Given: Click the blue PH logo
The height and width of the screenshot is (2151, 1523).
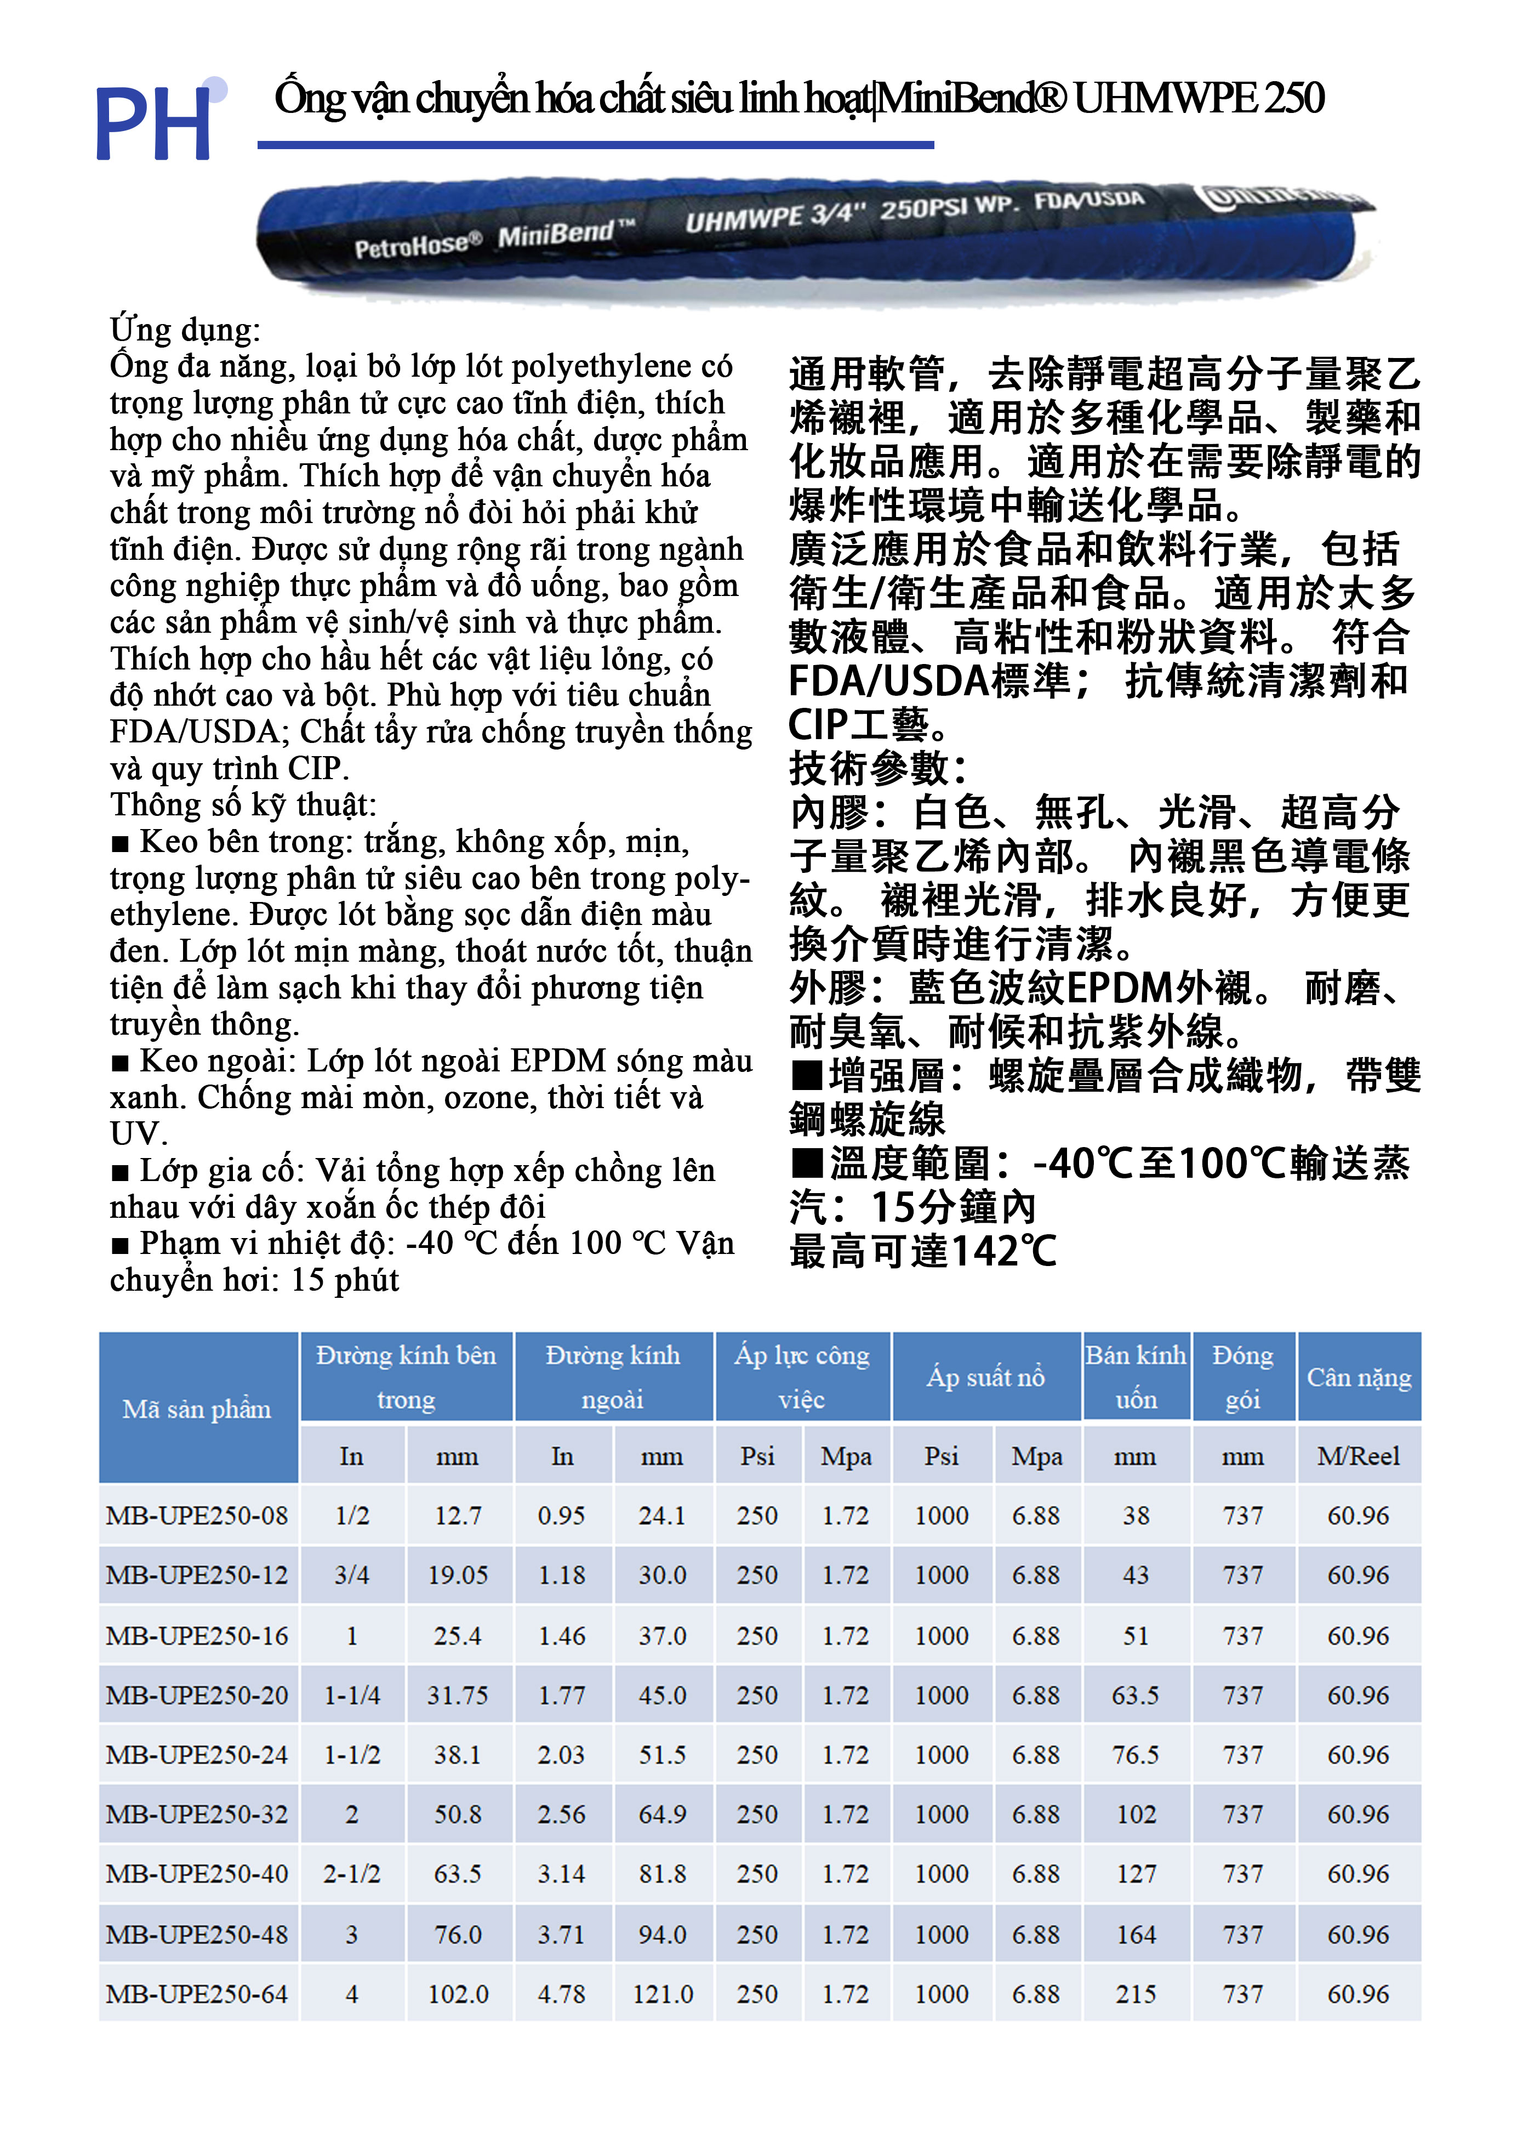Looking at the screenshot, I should pos(155,122).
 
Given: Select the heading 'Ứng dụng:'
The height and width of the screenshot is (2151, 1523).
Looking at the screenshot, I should pos(185,330).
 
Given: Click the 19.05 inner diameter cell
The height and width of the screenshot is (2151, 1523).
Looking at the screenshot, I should pos(458,1575).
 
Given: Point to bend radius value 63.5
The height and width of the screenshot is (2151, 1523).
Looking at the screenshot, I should pos(1135,1695).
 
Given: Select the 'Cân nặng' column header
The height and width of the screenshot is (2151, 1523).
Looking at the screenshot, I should pos(1358,1377).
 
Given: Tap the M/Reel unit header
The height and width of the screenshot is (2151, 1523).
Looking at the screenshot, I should pos(1358,1456).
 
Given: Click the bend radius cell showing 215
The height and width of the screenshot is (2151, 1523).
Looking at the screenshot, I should pos(1135,1994).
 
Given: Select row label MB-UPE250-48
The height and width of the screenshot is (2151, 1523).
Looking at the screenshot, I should pos(197,1934).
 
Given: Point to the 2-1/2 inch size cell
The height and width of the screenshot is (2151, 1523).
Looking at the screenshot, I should pos(352,1874).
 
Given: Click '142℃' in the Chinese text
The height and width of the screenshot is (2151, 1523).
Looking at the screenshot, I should pos(1003,1251).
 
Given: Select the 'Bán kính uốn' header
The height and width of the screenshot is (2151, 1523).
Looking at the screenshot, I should pos(1135,1377).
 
